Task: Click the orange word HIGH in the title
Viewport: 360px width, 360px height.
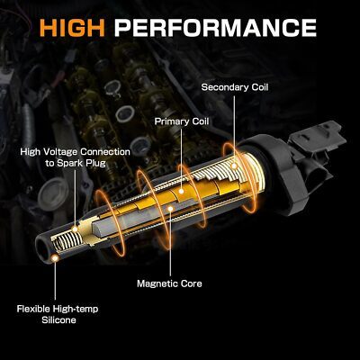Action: tap(72, 28)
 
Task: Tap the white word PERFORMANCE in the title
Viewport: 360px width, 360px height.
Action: tap(215, 28)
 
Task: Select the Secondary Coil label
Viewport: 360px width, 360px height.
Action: tap(235, 87)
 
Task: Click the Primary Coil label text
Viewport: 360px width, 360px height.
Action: tap(182, 121)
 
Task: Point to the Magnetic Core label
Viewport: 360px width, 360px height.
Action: tap(169, 283)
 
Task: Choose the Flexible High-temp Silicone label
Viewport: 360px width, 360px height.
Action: tap(58, 314)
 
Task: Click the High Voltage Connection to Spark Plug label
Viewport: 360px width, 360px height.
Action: tap(75, 157)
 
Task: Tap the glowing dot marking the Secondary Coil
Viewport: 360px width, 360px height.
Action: tap(234, 166)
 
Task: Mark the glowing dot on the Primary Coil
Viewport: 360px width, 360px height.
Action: tap(181, 191)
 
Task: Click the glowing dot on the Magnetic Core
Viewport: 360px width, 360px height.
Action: tap(170, 208)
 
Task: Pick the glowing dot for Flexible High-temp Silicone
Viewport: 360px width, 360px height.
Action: tap(55, 258)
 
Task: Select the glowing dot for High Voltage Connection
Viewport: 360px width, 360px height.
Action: tap(75, 229)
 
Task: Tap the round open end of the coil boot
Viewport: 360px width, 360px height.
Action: tap(42, 248)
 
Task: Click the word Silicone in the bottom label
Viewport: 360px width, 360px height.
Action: tap(58, 319)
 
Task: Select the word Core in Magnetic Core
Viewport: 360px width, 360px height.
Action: tap(191, 283)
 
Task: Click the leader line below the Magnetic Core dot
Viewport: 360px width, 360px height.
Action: tap(170, 244)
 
